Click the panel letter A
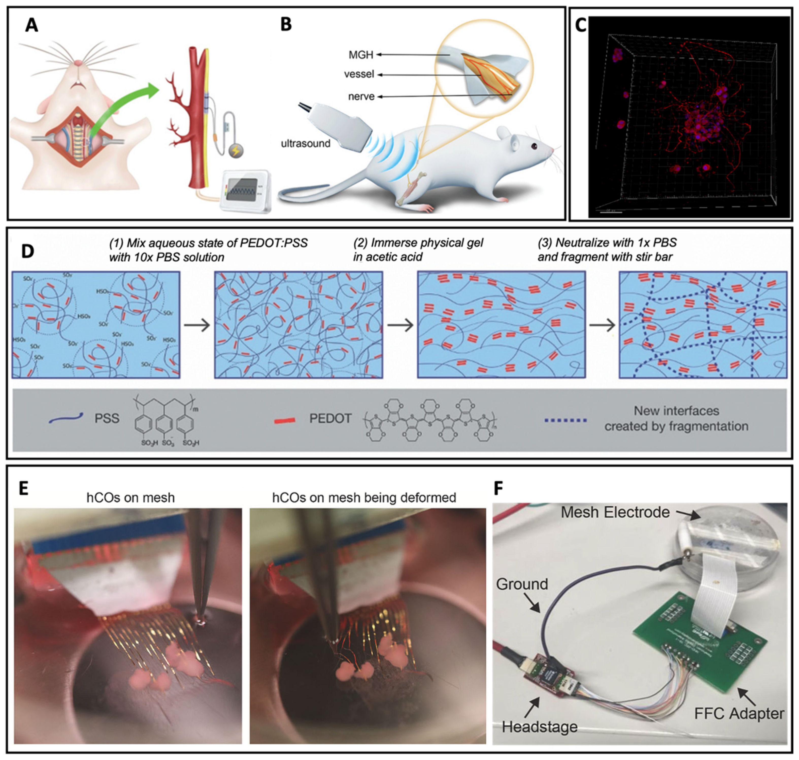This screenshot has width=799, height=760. (32, 26)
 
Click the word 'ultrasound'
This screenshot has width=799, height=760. (306, 143)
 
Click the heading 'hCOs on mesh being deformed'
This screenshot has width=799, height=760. (364, 497)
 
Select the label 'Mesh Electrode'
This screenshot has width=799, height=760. (615, 512)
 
